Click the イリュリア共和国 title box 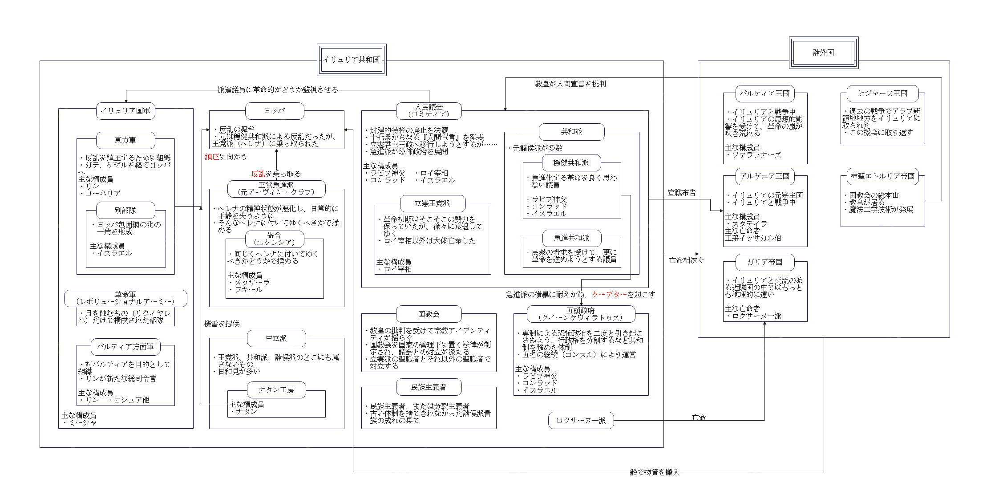point(352,60)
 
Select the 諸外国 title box point(823,53)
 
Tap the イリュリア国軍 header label point(125,111)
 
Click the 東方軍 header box point(125,140)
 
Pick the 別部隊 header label point(125,210)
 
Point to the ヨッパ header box point(275,111)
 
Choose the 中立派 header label point(276,338)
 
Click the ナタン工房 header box point(276,390)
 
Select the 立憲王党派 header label point(433,203)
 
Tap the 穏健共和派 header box point(571,163)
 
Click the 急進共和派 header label point(571,238)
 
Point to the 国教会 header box point(429,314)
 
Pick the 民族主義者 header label point(429,387)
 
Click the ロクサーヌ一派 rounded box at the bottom point(581,420)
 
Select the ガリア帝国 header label point(765,262)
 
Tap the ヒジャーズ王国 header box point(883,93)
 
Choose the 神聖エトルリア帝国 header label point(883,176)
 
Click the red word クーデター point(609,295)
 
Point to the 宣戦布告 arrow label point(682,193)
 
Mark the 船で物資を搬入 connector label point(655,472)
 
